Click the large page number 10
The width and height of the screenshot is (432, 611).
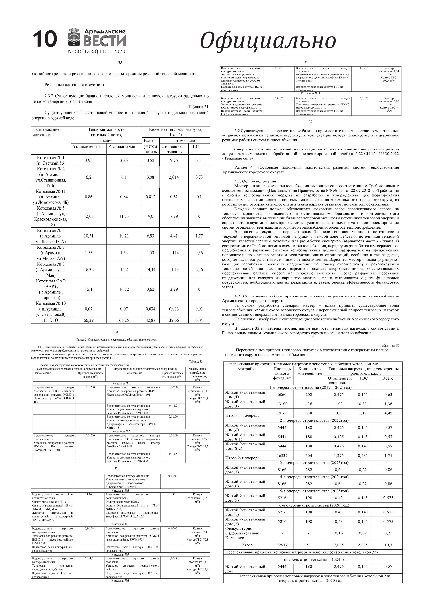click(45, 39)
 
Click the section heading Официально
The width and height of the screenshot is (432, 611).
click(268, 40)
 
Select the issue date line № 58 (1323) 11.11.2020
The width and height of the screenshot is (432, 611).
click(97, 52)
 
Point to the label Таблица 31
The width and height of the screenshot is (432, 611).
click(198, 107)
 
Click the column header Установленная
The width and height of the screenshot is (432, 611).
click(87, 146)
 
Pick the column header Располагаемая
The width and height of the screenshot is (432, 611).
click(122, 146)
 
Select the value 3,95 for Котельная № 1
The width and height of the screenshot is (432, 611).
click(89, 161)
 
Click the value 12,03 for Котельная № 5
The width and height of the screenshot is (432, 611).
click(89, 216)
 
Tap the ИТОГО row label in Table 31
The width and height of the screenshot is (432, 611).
click(50, 320)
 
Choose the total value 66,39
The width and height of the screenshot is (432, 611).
click(89, 320)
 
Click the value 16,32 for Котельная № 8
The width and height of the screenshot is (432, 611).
click(89, 270)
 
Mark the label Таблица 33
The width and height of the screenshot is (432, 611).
click(389, 346)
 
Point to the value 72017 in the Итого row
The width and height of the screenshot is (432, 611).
click(282, 545)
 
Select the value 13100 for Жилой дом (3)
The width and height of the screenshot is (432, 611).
click(282, 404)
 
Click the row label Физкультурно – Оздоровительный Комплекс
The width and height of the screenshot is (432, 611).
click(242, 533)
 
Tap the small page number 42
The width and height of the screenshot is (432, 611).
click(310, 122)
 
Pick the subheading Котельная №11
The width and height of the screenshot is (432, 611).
click(310, 93)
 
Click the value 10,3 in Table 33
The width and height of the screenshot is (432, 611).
click(388, 545)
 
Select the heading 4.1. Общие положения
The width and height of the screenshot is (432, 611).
click(251, 181)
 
